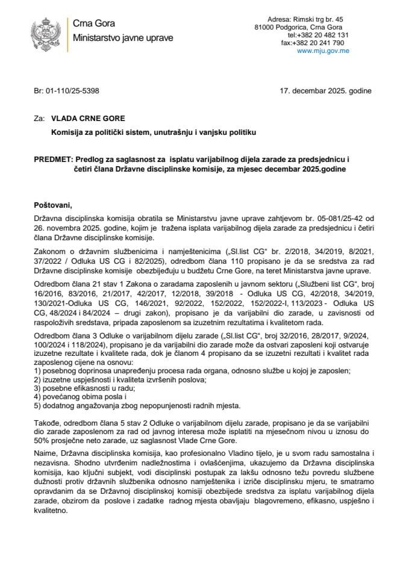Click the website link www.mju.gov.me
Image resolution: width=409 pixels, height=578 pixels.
click(323, 51)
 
